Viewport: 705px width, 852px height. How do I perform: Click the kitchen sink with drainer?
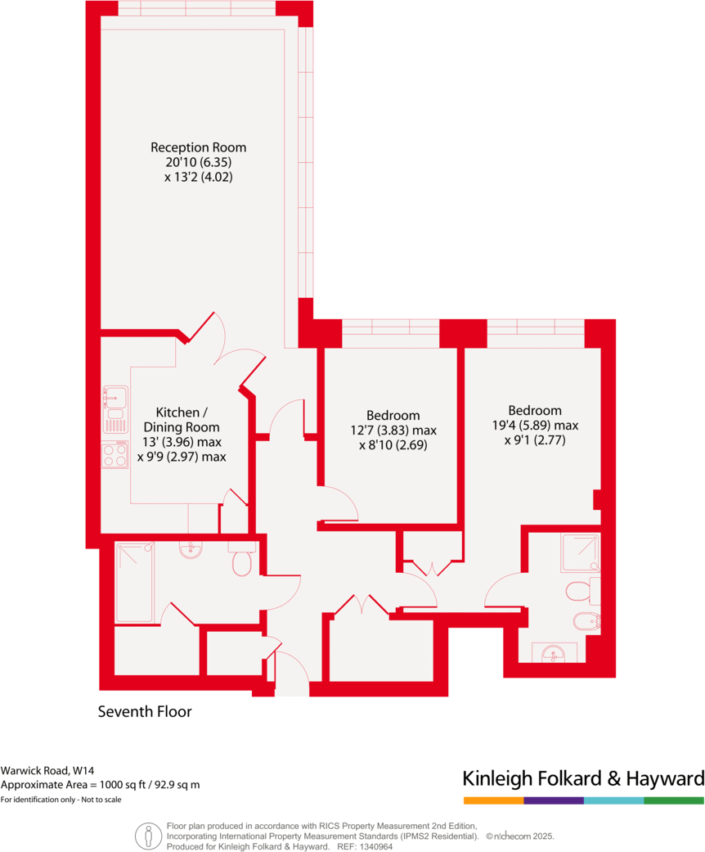point(115,409)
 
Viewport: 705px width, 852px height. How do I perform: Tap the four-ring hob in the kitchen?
point(115,454)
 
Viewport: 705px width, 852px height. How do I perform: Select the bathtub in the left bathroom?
point(134,583)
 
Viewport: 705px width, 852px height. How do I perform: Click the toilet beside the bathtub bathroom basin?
point(243,562)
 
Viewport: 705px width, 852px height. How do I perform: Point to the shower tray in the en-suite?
point(580,552)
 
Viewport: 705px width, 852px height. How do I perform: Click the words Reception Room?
point(198,147)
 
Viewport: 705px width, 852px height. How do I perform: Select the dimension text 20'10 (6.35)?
point(198,162)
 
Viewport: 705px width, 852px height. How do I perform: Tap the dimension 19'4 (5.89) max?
point(535,426)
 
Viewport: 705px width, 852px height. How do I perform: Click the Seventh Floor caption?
point(145,712)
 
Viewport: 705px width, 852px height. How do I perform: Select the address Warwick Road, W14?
point(47,770)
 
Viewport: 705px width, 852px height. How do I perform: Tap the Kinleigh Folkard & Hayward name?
point(583,778)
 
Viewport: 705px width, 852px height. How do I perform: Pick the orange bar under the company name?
point(493,800)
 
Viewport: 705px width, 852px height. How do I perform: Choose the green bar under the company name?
point(674,800)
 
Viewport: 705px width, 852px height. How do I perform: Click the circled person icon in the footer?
point(148,836)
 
